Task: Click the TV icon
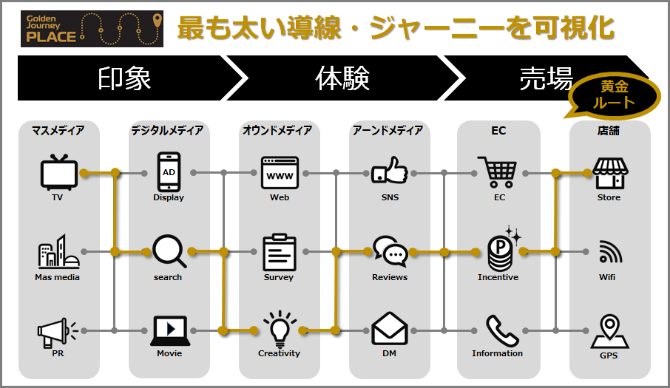(x=58, y=172)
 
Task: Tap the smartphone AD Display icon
(x=169, y=172)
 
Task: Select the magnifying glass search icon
(x=169, y=251)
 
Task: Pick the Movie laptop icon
(x=169, y=330)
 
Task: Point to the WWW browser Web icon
(x=280, y=173)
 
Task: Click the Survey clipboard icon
(x=280, y=252)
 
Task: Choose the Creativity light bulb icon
(x=280, y=329)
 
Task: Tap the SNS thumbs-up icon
(x=390, y=171)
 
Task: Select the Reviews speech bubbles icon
(x=390, y=251)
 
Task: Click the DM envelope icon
(x=390, y=330)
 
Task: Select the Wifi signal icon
(x=610, y=253)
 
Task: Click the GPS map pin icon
(x=610, y=331)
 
